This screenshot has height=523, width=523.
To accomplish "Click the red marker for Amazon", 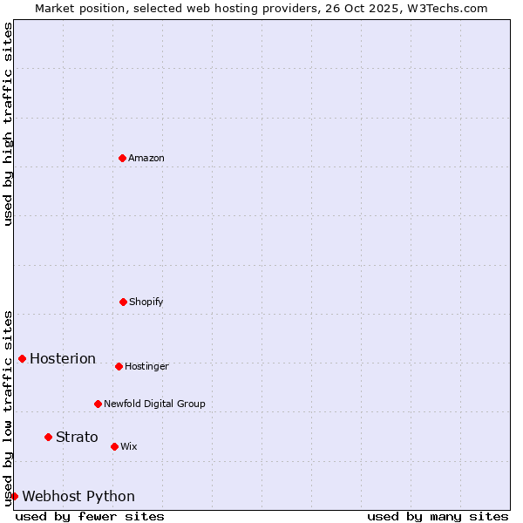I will coord(122,158).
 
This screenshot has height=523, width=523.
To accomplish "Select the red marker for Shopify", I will coord(123,302).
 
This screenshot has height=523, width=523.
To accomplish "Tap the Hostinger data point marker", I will coord(119,366).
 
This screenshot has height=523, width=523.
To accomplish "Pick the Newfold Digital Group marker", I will coord(98,404).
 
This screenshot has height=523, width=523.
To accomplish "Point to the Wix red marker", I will coord(114,446).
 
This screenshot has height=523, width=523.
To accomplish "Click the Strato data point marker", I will coord(48,437).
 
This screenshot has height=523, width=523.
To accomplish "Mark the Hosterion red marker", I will coord(22,358).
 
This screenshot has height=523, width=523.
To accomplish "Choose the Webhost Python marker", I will coord(14,496).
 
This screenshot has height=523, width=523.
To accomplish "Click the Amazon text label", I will coord(146,158).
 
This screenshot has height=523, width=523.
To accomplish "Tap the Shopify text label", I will coord(146,302).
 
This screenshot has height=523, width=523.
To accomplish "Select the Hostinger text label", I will coord(146,366).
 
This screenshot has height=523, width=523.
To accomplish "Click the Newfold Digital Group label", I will coord(154,404).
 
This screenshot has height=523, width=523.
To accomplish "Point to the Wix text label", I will coord(129,446).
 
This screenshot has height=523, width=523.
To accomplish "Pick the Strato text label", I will coord(77,437).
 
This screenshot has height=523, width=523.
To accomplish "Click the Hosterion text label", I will coord(63,358).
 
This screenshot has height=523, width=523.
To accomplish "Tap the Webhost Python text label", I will coord(78,496).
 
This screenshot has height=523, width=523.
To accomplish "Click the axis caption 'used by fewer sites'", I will coord(90,516).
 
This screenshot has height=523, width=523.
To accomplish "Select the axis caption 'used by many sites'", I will coord(438,516).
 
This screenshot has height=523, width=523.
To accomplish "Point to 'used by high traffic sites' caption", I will coord(8,124).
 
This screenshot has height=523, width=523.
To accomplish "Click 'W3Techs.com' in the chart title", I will coord(444,8).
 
